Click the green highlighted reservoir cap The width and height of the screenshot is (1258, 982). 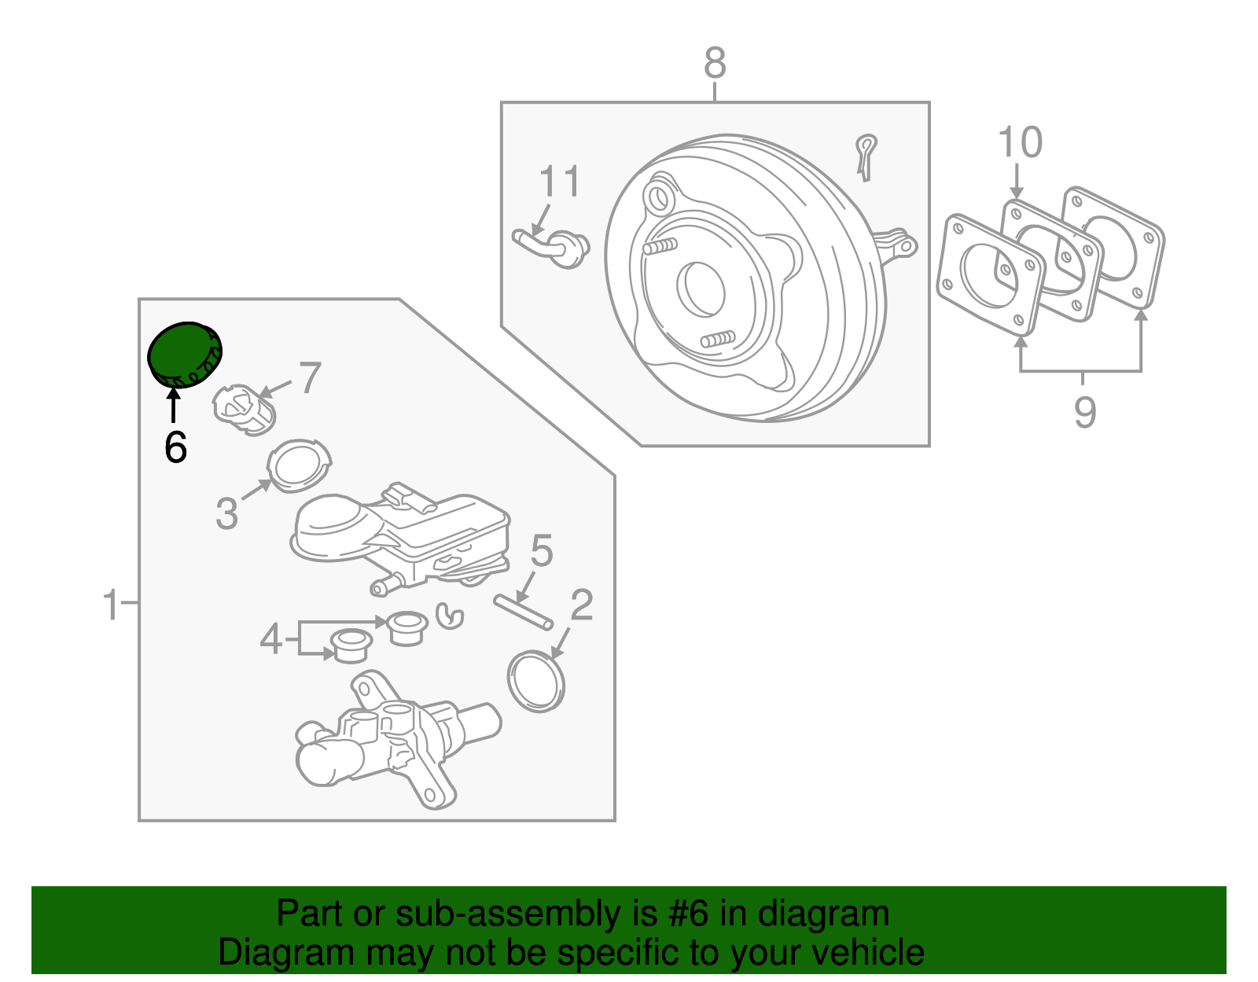coord(186,355)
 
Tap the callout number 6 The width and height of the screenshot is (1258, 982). coord(175,448)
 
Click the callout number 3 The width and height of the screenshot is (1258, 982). coord(226,514)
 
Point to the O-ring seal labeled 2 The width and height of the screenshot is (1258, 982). coord(537,681)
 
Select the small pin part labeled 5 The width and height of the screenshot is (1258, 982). coord(523,612)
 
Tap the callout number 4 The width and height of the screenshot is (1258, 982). coord(270,638)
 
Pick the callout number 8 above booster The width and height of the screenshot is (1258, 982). coord(715,63)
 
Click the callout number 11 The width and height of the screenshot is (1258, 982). coord(559,182)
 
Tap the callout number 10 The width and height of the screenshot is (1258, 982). coord(1020,143)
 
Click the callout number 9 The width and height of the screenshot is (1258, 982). coord(1084,411)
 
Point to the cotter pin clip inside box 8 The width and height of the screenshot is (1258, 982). coord(865,156)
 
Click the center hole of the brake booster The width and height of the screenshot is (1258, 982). coord(701,287)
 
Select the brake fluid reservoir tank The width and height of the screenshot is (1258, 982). coord(401,531)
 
